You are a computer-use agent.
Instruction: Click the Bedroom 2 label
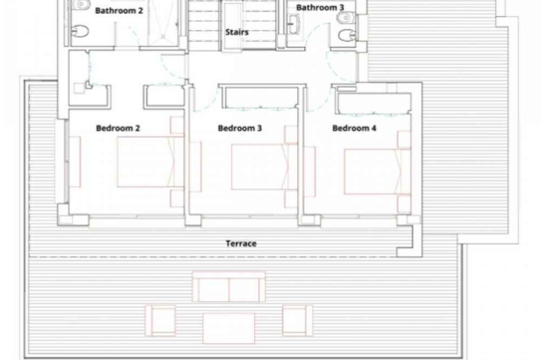pyautogui.click(x=118, y=128)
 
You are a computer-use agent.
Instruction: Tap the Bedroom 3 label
pyautogui.click(x=240, y=128)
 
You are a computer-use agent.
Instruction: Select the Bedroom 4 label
pyautogui.click(x=354, y=128)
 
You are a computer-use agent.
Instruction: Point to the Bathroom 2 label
pyautogui.click(x=118, y=11)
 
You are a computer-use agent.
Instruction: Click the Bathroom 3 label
pyautogui.click(x=320, y=8)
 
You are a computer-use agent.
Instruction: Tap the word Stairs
pyautogui.click(x=237, y=32)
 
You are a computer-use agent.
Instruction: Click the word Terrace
pyautogui.click(x=241, y=243)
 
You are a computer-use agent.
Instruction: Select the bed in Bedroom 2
pyautogui.click(x=150, y=162)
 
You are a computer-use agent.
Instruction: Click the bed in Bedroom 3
pyautogui.click(x=265, y=167)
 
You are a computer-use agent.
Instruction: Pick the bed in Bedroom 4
pyautogui.click(x=378, y=171)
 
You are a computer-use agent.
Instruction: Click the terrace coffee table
pyautogui.click(x=229, y=328)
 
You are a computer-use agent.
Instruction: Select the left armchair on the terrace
pyautogui.click(x=161, y=321)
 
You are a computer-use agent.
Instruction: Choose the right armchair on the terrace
pyautogui.click(x=298, y=321)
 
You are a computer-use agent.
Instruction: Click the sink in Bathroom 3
pyautogui.click(x=294, y=24)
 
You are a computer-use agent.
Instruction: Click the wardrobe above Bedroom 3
pyautogui.click(x=261, y=97)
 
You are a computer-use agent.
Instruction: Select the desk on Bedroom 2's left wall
pyautogui.click(x=75, y=162)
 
